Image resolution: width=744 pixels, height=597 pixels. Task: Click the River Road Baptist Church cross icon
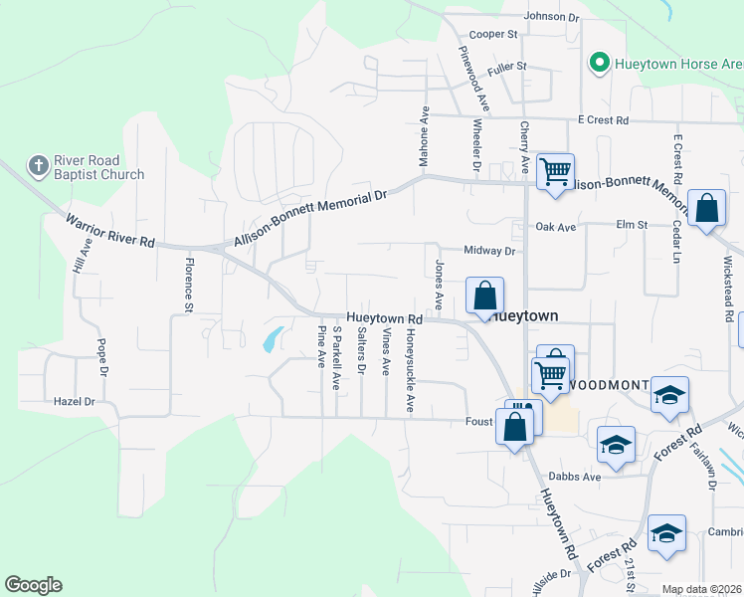38,165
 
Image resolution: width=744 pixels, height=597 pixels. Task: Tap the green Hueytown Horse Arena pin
599,64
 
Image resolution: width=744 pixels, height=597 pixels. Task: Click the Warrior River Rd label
110,230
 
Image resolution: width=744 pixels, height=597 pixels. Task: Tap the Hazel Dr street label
75,402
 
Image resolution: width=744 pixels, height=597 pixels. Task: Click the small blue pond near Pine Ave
271,341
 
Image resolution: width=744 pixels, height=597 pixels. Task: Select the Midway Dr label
489,251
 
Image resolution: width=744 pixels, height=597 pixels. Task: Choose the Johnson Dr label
551,17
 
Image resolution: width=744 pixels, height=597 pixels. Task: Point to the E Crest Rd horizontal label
604,120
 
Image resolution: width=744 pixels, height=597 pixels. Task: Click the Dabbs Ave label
577,477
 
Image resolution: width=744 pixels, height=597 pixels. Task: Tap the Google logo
33,585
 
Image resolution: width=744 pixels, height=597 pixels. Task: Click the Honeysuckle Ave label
410,370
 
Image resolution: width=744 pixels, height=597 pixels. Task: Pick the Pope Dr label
101,358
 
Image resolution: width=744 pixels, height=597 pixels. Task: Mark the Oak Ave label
556,227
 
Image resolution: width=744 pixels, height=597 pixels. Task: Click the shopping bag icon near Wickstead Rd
706,210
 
